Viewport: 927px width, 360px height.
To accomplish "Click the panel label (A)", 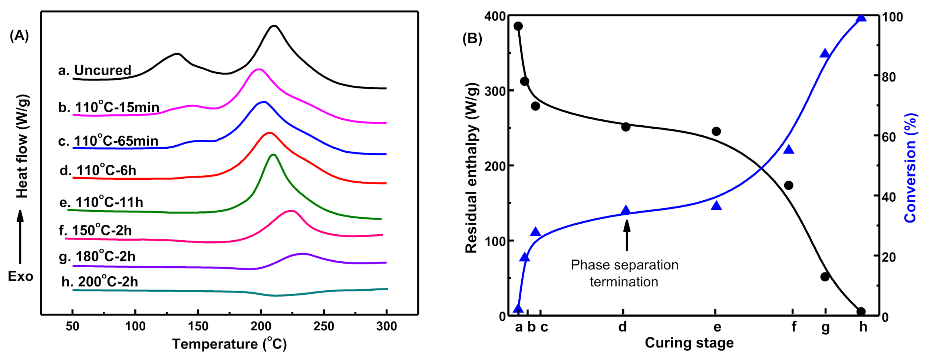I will pos(19,36).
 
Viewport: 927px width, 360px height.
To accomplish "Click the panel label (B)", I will pos(472,39).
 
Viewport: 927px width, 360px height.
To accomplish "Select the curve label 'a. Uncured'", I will pos(95,70).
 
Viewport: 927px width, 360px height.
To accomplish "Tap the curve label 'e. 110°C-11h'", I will pos(101,202).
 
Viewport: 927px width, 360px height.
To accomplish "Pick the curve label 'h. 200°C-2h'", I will pos(100,281).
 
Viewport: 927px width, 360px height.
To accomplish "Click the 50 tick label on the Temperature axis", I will pos(72,326).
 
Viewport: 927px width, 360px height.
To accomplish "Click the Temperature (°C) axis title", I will pos(230,344).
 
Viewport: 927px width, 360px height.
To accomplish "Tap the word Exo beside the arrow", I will pos(21,277).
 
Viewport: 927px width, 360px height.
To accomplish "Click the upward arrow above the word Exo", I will pos(20,237).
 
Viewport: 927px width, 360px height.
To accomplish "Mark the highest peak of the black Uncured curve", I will pos(274,26).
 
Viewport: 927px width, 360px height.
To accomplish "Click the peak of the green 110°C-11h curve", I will pos(273,154).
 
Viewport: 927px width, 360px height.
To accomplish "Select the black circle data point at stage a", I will pos(518,26).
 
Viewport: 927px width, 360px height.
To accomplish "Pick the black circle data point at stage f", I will pos(789,185).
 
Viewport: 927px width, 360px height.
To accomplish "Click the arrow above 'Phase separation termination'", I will pos(627,235).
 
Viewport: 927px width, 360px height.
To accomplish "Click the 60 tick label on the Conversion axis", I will pos(889,137).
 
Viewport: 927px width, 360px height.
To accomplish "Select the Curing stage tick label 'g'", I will pos(825,327).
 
